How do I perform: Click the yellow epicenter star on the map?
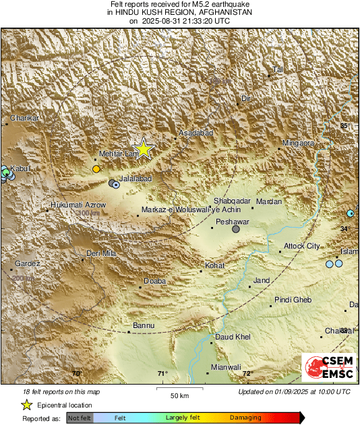tap(143, 150)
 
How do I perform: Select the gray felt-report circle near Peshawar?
tap(236, 230)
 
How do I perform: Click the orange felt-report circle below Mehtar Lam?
tap(96, 168)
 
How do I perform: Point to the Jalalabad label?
tap(135, 178)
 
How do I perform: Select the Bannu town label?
tap(144, 325)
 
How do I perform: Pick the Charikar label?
tap(25, 118)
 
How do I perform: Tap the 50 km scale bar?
tap(179, 389)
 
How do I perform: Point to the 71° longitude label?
tap(162, 374)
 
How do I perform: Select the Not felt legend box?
tap(80, 418)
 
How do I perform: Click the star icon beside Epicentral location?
tap(26, 405)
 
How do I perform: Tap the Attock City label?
tap(301, 246)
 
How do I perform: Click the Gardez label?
tap(28, 263)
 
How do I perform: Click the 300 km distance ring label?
tap(88, 214)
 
